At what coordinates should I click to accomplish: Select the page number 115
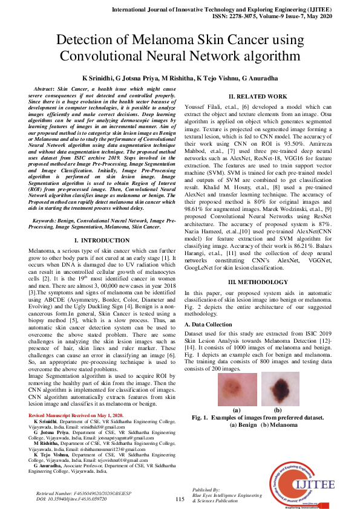click(x=180, y=499)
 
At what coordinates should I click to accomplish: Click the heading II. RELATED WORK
click(x=257, y=97)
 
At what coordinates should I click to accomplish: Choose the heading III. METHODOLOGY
click(x=257, y=282)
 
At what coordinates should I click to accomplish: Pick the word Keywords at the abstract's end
click(x=49, y=222)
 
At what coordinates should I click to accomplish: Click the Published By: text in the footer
click(x=206, y=488)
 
